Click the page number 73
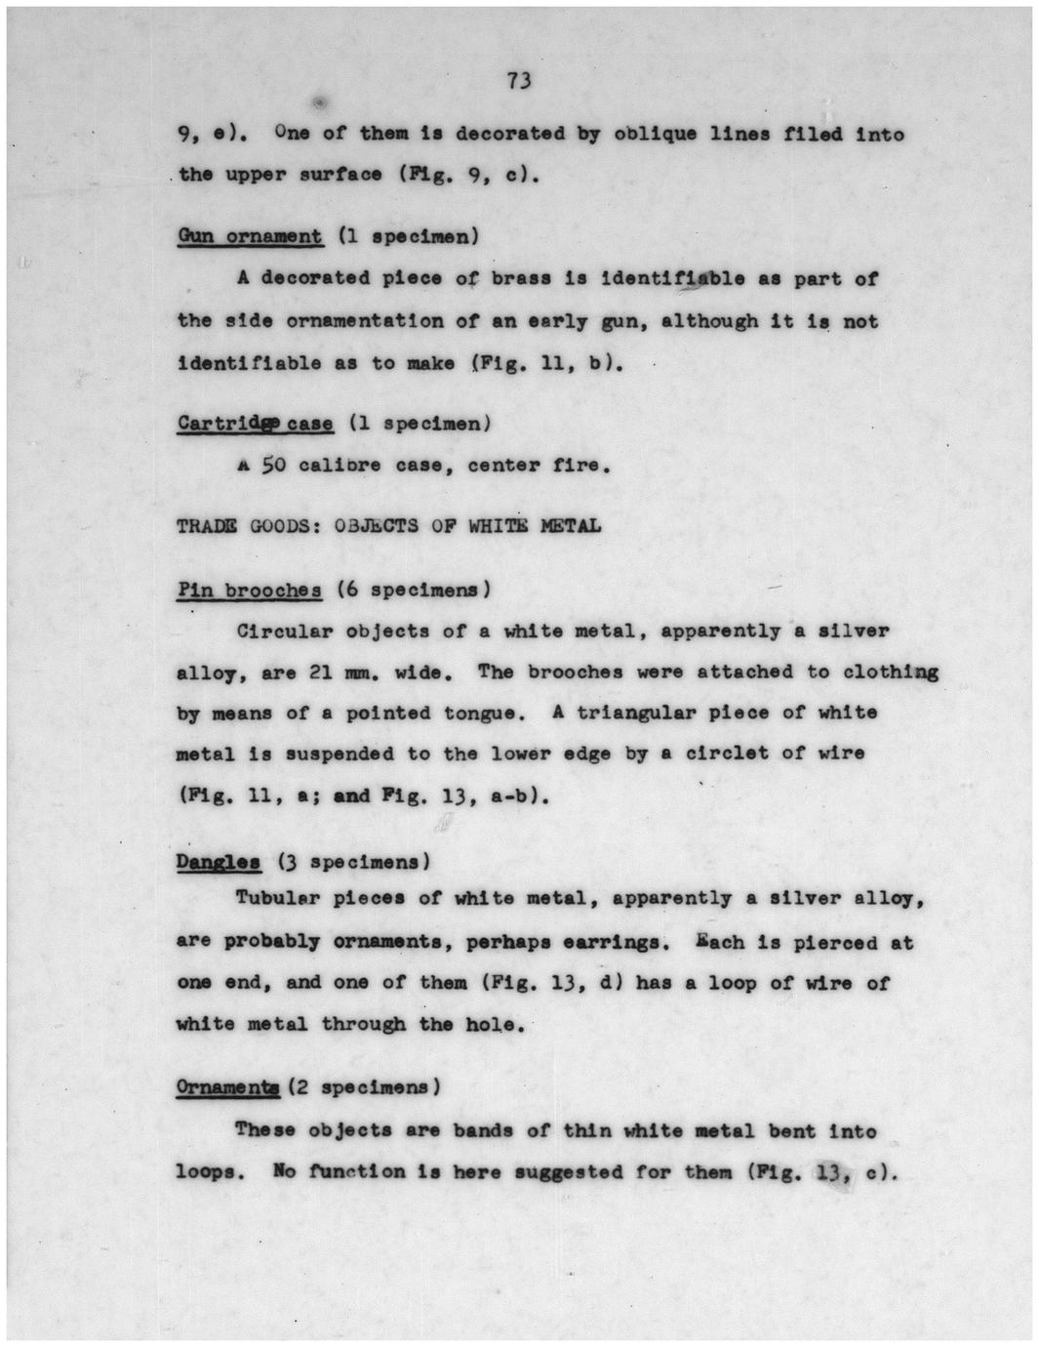pos(519,81)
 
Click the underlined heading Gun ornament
pos(250,236)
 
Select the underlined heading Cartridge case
pos(255,424)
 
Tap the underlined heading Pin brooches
pos(250,591)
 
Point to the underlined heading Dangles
pos(219,862)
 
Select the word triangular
pos(635,713)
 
